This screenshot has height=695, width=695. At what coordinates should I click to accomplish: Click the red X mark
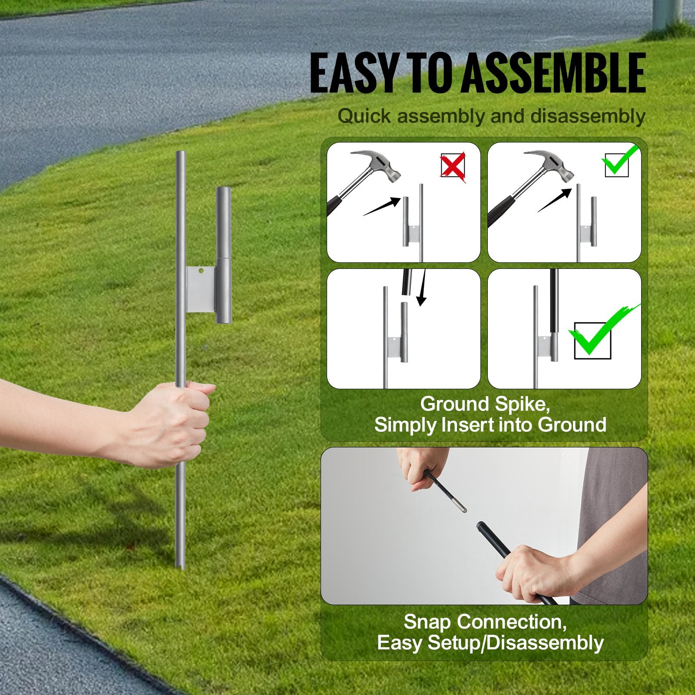click(x=453, y=165)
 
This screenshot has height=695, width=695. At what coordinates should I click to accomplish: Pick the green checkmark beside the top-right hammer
click(x=619, y=162)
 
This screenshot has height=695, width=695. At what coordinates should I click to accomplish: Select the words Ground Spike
click(x=485, y=404)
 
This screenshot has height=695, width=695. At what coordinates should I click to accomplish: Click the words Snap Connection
click(x=485, y=622)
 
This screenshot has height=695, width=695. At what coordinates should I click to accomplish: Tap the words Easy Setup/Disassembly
click(x=490, y=643)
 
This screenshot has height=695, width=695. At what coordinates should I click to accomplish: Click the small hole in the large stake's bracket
click(x=201, y=271)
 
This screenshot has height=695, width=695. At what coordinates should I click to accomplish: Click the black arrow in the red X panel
click(x=382, y=206)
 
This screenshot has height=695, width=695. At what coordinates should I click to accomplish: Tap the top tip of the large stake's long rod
click(x=180, y=152)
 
